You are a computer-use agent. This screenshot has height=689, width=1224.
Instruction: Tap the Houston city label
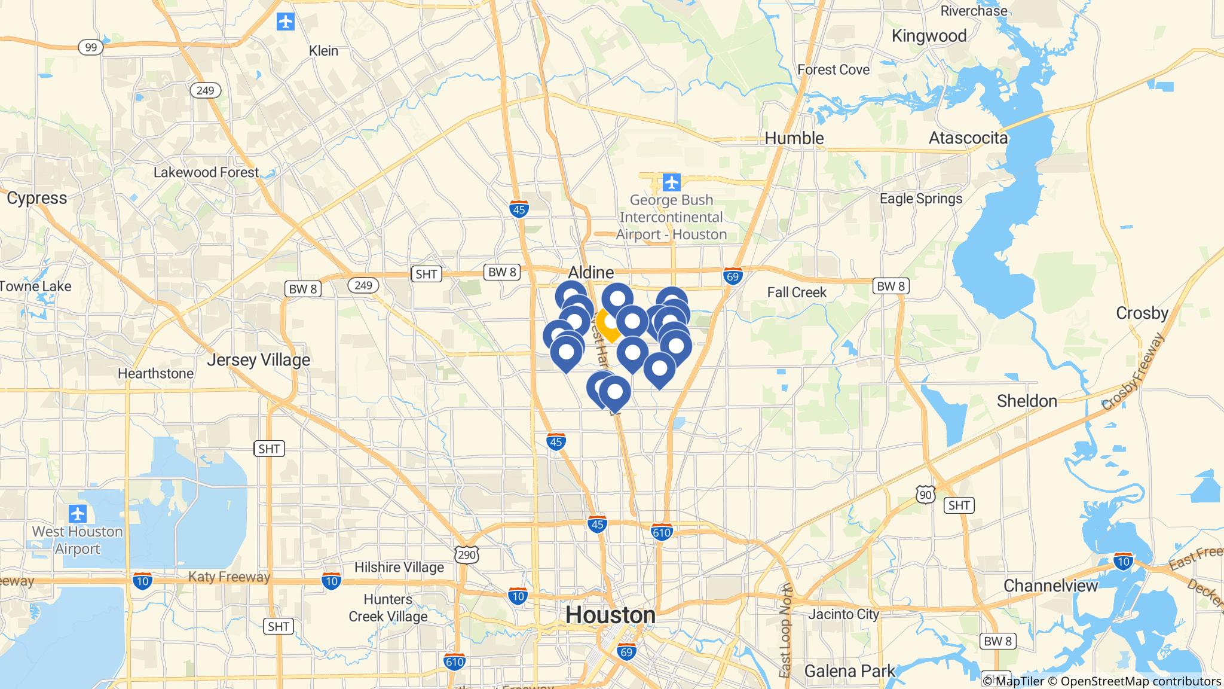(610, 615)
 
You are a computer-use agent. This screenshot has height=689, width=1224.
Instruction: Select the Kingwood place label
(929, 36)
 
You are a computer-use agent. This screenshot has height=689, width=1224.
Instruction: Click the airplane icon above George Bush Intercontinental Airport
(672, 181)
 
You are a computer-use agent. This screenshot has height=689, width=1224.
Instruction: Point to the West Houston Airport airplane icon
(78, 513)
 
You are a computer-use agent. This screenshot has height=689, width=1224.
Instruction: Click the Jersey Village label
(258, 359)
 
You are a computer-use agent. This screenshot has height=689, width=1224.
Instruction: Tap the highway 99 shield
(91, 47)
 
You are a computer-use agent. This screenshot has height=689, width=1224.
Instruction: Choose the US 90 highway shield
(925, 494)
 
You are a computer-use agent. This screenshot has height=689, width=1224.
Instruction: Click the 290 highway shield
(466, 554)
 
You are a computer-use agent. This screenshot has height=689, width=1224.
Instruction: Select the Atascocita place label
(968, 138)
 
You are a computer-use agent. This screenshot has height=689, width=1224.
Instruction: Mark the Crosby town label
(1142, 313)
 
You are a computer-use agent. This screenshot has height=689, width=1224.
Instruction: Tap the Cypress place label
(37, 198)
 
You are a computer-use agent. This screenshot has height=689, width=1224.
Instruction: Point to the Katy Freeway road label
(229, 577)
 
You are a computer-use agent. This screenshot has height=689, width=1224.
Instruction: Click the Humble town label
(794, 138)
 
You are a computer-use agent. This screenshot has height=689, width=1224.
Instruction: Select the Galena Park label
(849, 671)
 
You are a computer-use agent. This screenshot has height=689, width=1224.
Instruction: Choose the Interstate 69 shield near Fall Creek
(733, 276)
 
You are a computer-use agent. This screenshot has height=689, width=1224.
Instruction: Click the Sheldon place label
(1027, 401)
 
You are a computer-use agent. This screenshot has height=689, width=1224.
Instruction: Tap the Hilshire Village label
(399, 567)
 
